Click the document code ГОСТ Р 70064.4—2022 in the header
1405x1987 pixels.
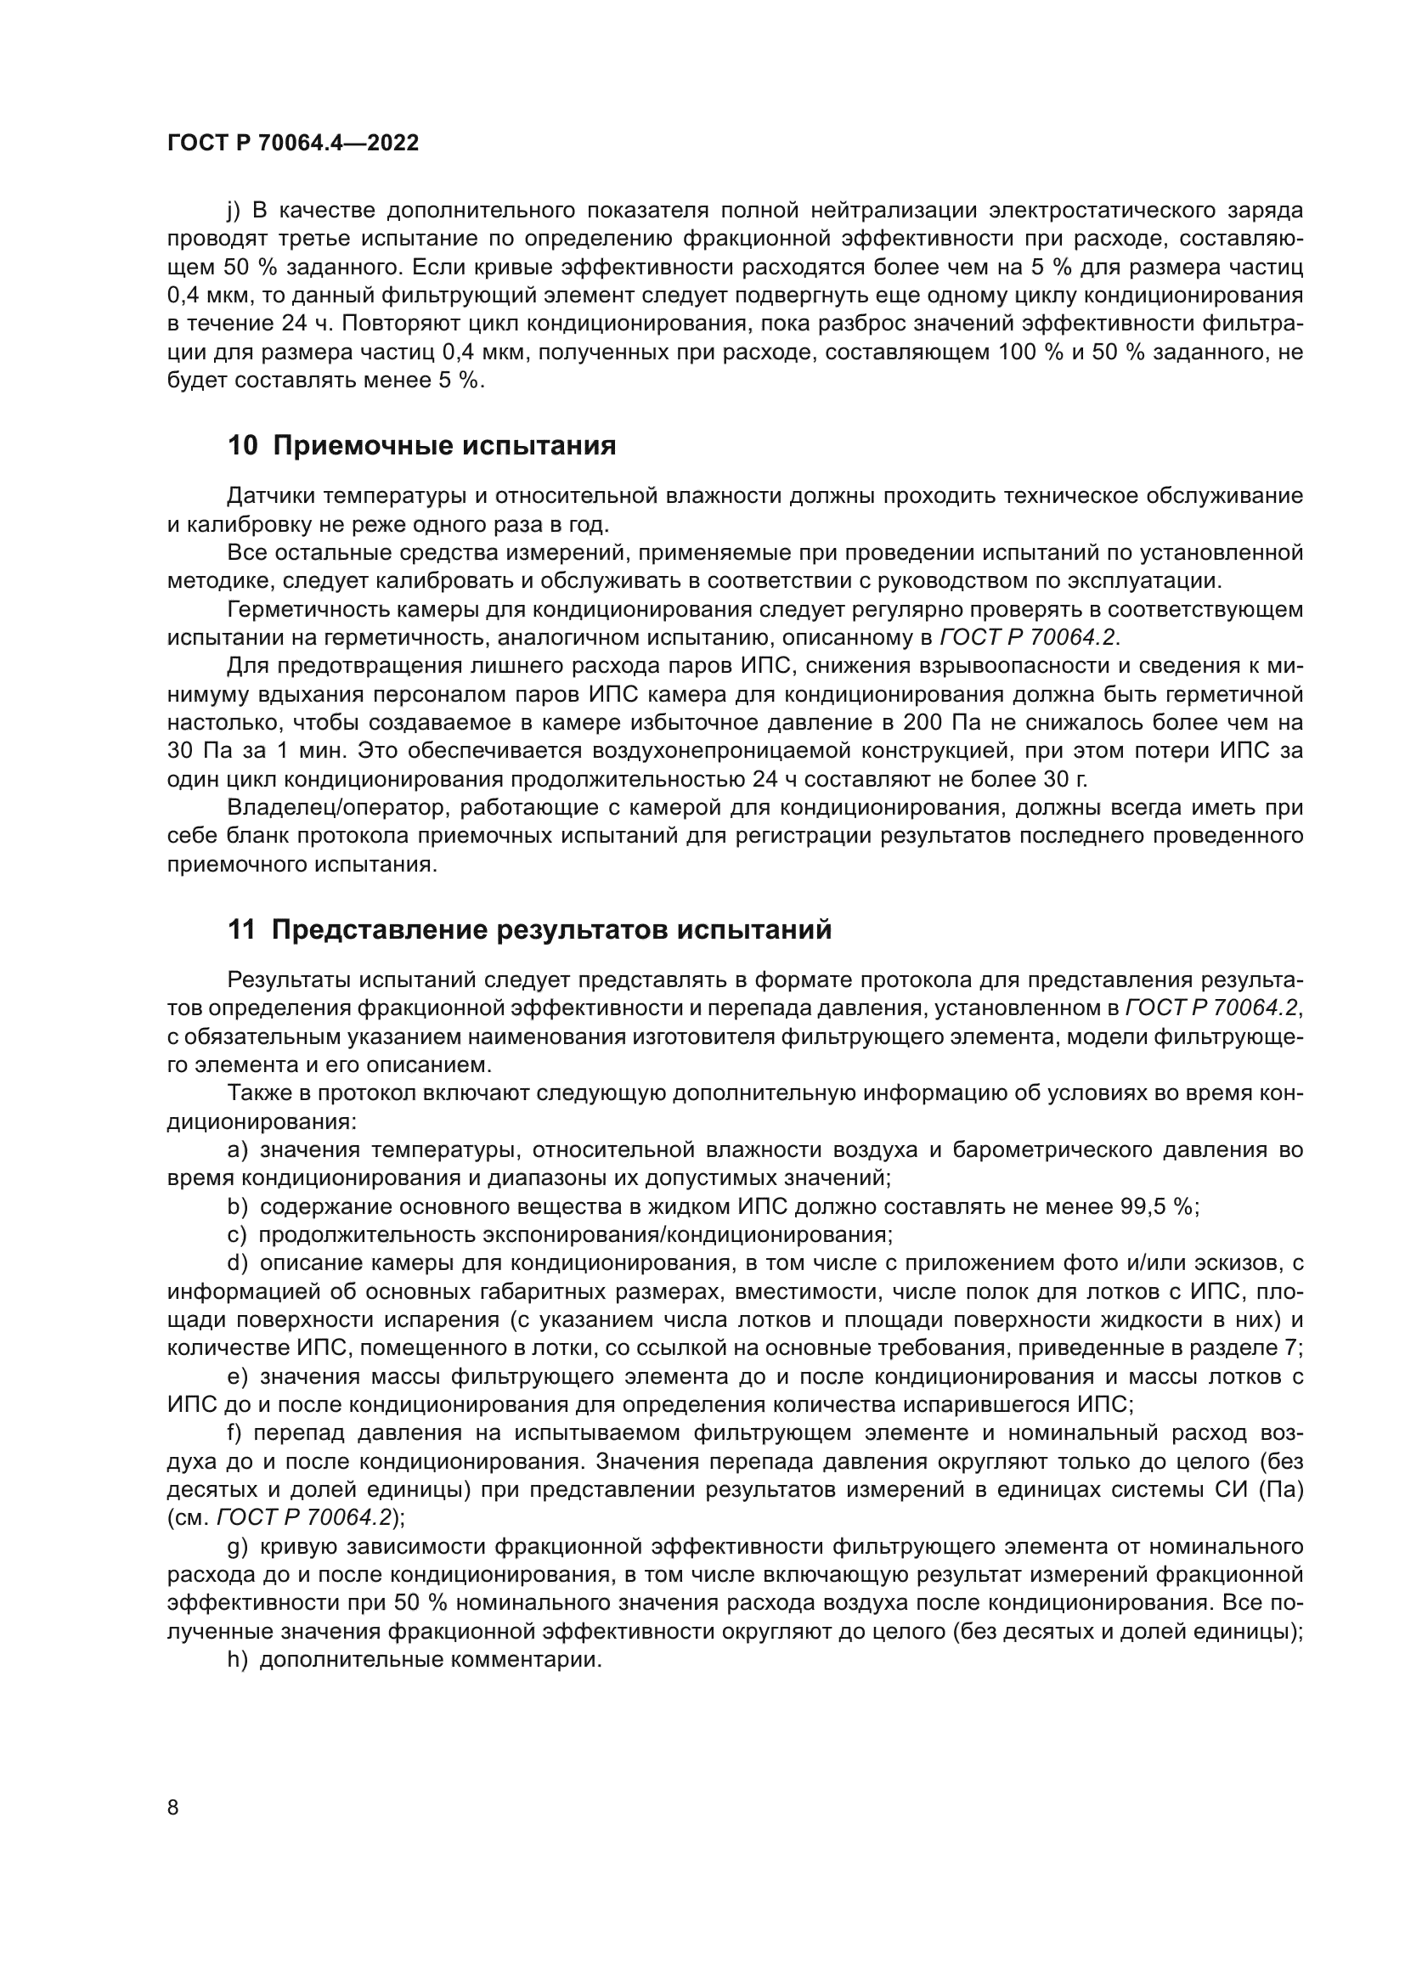coord(292,144)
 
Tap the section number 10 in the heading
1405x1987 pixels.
coord(242,447)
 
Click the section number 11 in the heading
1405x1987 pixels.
coord(241,930)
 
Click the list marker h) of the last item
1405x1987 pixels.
coord(237,1661)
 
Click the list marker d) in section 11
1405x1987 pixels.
coord(237,1263)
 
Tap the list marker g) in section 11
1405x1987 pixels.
coord(237,1546)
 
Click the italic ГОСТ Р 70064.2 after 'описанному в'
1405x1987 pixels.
coord(1029,638)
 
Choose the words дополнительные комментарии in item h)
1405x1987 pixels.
coord(430,1661)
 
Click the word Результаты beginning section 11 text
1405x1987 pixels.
coord(288,979)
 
